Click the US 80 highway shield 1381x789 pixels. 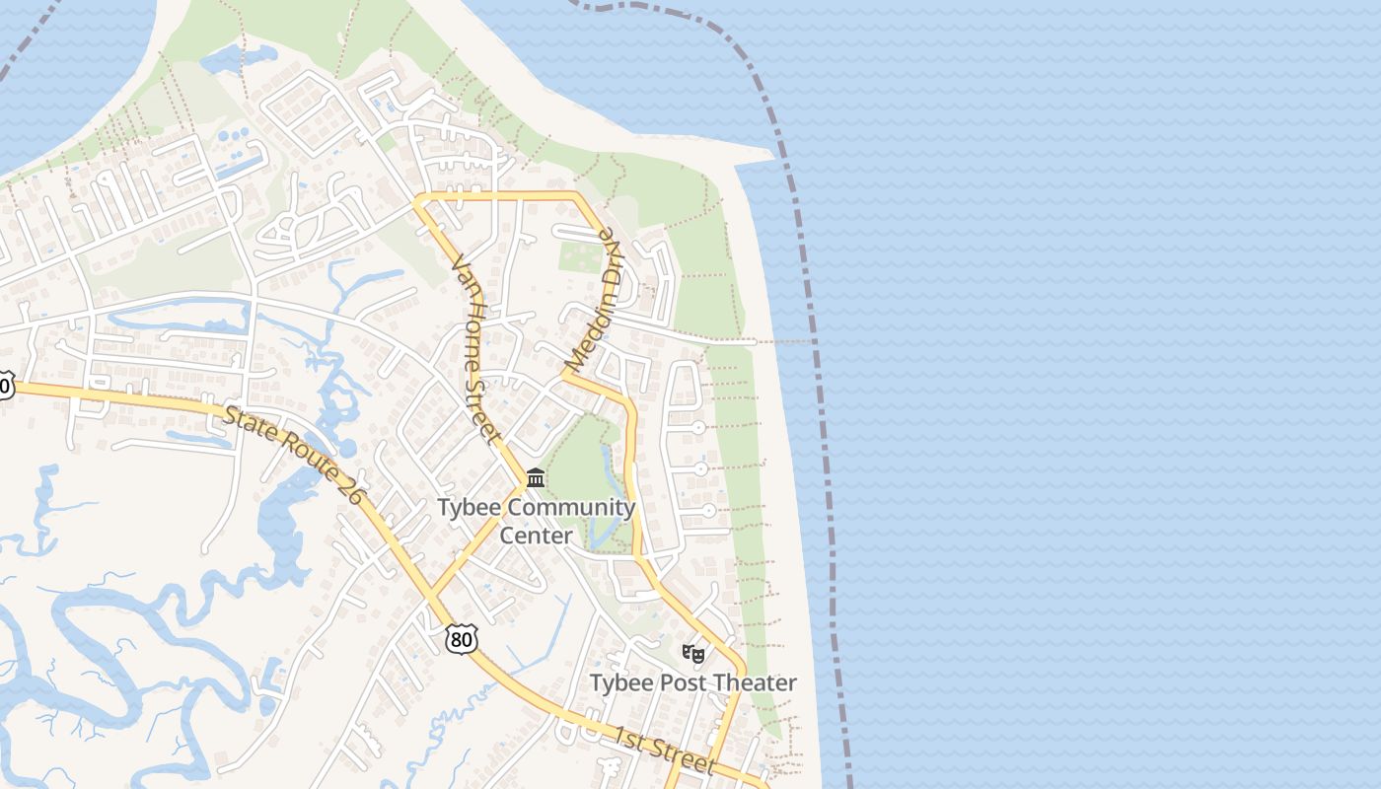point(461,639)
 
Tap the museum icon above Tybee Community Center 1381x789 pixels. point(536,478)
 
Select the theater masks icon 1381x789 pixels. point(693,653)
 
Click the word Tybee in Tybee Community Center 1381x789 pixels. point(470,509)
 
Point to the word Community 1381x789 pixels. point(572,509)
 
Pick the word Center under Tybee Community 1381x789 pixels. point(536,536)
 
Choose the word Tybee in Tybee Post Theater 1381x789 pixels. point(622,682)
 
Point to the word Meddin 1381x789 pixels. point(587,331)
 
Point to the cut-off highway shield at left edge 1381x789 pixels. point(5,386)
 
